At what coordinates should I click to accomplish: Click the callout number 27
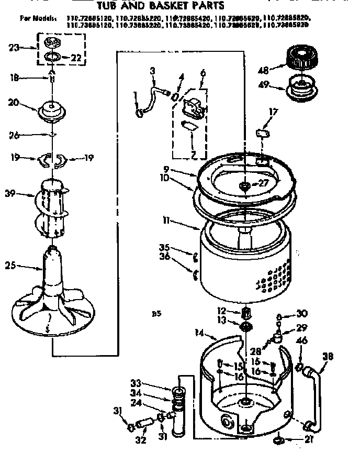(x=257, y=183)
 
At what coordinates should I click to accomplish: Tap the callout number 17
(x=273, y=111)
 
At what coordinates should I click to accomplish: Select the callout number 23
(x=14, y=48)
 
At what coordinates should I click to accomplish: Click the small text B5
(x=155, y=314)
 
